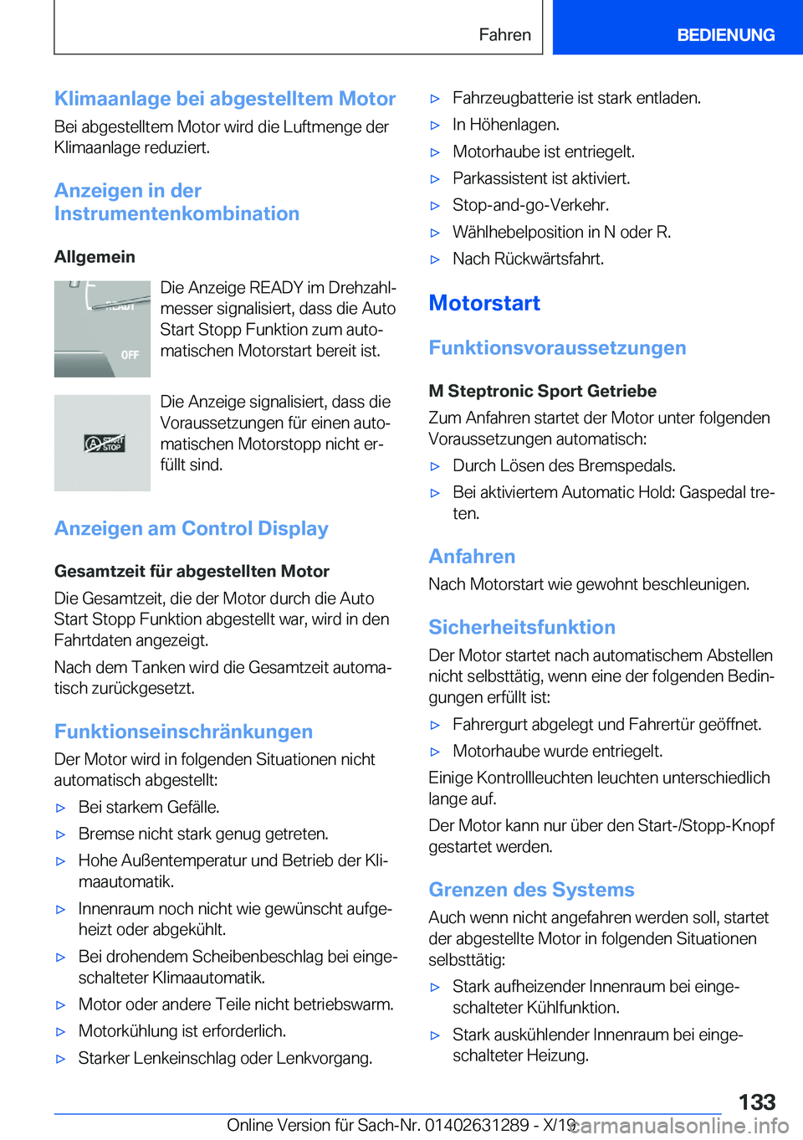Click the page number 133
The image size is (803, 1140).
tap(756, 1101)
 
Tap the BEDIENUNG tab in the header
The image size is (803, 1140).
tap(725, 35)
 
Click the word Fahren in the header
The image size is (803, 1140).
tap(504, 35)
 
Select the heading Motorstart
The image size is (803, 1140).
tap(484, 303)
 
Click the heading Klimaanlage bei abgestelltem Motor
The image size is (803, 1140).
tap(225, 99)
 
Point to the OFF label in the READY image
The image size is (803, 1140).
tap(130, 355)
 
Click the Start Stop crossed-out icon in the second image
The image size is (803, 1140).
tap(104, 444)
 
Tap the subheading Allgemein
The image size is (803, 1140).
tap(95, 257)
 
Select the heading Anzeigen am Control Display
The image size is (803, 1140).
tap(191, 528)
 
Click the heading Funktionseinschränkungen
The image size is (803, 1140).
tap(183, 732)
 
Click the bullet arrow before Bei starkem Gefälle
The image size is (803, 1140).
tap(60, 808)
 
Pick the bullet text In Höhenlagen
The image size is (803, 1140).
tap(505, 125)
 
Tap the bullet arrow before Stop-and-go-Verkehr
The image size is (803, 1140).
tap(435, 206)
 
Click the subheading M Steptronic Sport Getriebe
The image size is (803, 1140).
tap(542, 391)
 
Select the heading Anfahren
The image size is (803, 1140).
tap(472, 557)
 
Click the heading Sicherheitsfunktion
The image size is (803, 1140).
tap(522, 628)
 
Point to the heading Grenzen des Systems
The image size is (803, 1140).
tap(531, 890)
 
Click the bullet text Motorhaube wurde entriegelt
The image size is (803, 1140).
tap(557, 751)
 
